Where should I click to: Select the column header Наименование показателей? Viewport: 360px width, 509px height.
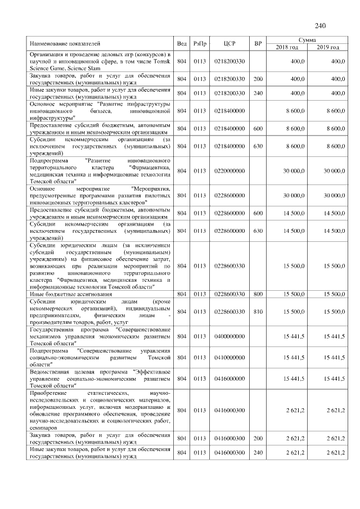pyautogui.click(x=65, y=43)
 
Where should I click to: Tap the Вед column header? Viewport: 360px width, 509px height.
pyautogui.click(x=182, y=43)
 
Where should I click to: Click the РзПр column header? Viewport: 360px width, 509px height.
pyautogui.click(x=200, y=43)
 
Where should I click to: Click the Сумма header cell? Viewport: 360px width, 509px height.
pyautogui.click(x=307, y=40)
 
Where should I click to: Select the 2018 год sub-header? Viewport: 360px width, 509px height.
pyautogui.click(x=287, y=47)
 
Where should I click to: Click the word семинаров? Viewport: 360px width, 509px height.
pyautogui.click(x=45, y=428)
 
